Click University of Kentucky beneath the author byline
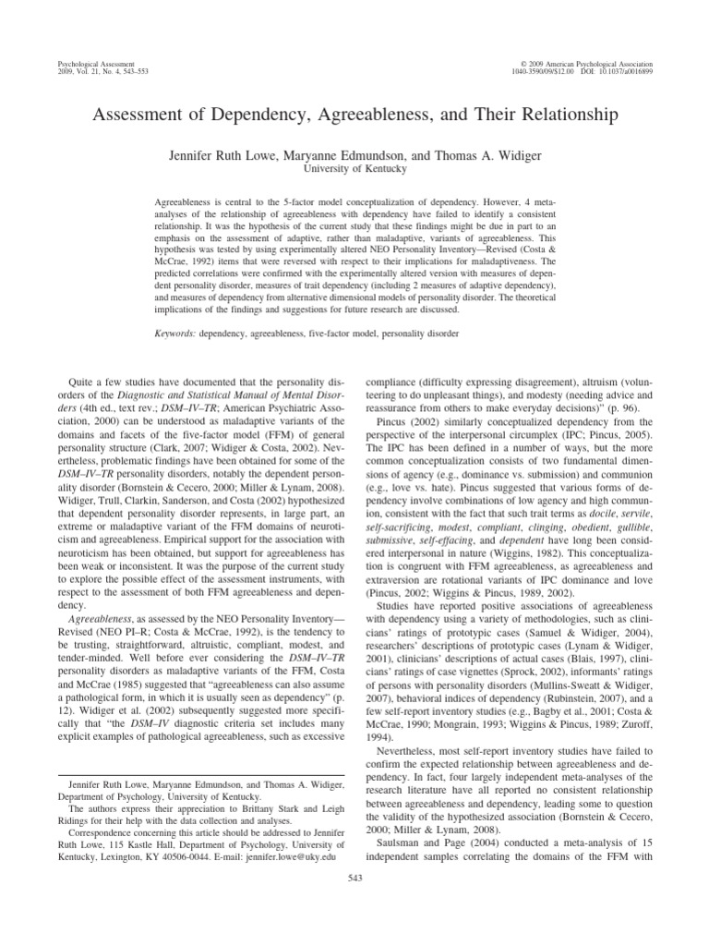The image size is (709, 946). coord(354,169)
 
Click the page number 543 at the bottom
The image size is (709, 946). coord(354,876)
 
